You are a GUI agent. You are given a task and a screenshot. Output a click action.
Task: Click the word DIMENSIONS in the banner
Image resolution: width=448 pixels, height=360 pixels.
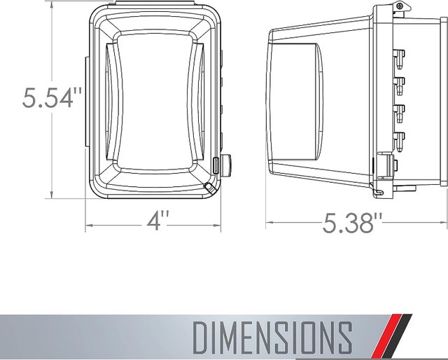272,337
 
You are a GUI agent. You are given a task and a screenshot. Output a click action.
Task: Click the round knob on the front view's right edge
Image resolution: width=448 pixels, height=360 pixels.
227,164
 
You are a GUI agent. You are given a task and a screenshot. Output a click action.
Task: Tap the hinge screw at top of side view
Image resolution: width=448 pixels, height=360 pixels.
400,6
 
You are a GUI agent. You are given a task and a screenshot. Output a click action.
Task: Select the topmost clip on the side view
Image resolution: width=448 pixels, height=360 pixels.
400,60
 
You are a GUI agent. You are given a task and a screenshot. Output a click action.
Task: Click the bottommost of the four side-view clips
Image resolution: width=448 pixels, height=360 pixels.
400,141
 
